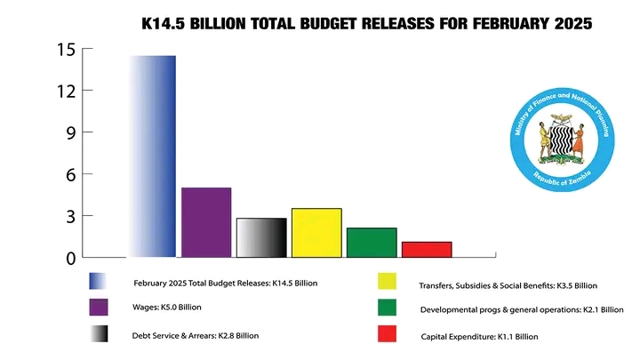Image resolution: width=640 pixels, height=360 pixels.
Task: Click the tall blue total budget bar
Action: click(x=152, y=156)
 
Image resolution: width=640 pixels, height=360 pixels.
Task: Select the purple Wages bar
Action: click(x=206, y=222)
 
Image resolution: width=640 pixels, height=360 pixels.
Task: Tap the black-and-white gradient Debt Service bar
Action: click(x=261, y=237)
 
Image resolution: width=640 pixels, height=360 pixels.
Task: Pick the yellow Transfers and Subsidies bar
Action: click(x=316, y=233)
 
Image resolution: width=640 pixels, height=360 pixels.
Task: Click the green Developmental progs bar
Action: click(x=372, y=243)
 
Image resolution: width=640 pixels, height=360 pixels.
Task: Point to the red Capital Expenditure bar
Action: click(x=427, y=249)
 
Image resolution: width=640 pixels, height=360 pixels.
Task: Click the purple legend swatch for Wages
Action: click(x=99, y=308)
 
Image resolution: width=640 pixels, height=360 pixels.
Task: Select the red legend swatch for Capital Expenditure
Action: click(x=387, y=334)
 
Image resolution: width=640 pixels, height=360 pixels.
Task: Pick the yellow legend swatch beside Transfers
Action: click(x=387, y=282)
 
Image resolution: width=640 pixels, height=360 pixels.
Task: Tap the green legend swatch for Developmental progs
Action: click(x=387, y=308)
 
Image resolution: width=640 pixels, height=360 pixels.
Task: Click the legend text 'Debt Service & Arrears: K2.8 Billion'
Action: click(x=196, y=336)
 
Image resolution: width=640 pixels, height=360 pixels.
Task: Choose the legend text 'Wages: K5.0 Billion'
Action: click(x=168, y=308)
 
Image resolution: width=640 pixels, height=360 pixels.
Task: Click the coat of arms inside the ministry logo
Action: click(x=560, y=139)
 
